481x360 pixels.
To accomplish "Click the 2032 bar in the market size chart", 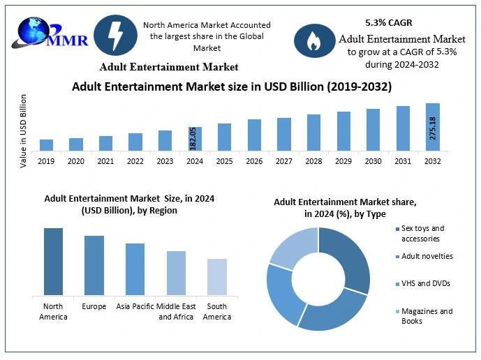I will coord(433,127).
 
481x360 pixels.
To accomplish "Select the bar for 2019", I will coord(46,144).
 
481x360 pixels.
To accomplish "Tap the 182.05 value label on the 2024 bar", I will coord(194,138).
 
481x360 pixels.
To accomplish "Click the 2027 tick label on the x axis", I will coord(284,161).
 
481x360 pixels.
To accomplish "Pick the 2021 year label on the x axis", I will coord(105,161).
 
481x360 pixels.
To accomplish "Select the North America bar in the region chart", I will coord(53,261).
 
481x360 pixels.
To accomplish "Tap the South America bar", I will coord(217,276).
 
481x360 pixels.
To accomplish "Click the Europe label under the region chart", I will coord(94,306).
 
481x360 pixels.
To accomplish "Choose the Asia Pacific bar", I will coord(135,269).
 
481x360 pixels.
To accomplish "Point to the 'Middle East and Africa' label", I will coord(176,311).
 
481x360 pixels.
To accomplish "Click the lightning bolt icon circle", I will coord(114,35).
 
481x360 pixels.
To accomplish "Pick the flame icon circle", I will coord(313,41).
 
